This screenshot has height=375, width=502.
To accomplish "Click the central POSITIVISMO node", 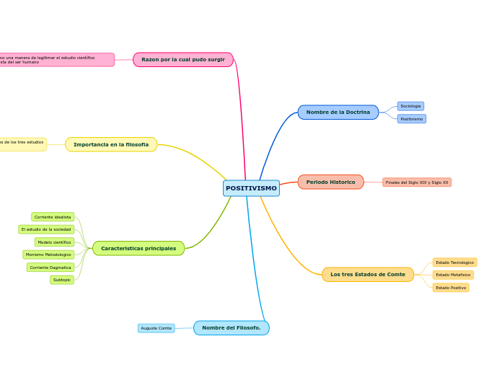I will click(x=251, y=188).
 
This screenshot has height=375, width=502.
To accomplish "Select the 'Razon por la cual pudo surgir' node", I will click(x=183, y=59).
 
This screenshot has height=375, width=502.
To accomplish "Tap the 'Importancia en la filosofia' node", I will click(x=111, y=144).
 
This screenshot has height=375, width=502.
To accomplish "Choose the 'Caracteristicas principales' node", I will click(x=138, y=248).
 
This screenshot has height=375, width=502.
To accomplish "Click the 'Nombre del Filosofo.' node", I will click(x=232, y=327).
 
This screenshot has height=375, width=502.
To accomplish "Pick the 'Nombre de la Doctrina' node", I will click(x=338, y=112).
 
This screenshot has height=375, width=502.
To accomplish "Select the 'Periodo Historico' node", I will click(x=331, y=182).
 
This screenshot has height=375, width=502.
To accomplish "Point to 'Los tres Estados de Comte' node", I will click(x=368, y=274).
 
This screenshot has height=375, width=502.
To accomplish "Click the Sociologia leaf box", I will click(x=410, y=106).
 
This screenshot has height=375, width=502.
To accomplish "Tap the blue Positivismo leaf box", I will click(x=412, y=119).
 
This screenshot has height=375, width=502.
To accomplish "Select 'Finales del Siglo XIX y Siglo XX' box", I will click(x=417, y=182).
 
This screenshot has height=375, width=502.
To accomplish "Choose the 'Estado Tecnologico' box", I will click(x=454, y=262).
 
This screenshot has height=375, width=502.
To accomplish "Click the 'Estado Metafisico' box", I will click(x=453, y=275).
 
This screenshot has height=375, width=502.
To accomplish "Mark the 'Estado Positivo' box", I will click(x=451, y=288).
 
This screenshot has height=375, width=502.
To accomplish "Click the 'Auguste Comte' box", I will click(x=157, y=328).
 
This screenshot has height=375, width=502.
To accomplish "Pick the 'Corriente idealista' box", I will click(x=53, y=217).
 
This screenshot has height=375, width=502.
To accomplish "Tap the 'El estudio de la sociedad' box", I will click(x=46, y=229).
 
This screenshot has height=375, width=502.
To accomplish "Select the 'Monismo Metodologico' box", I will click(x=48, y=255).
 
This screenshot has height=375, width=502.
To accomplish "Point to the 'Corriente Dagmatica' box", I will click(x=50, y=268).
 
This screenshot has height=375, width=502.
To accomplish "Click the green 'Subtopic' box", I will click(x=62, y=280).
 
